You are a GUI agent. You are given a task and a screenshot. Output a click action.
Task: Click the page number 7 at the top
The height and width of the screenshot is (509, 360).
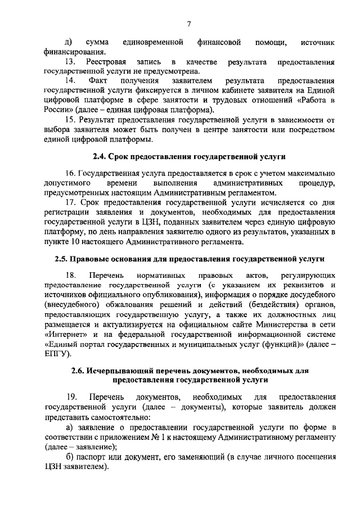tap(190, 23)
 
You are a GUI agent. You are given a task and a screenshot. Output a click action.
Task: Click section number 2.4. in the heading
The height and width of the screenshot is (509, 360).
tap(101, 155)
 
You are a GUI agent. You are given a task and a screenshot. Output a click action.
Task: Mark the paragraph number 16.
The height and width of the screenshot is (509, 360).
tap(71, 173)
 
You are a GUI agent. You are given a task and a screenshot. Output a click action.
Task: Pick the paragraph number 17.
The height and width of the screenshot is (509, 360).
tap(71, 203)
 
